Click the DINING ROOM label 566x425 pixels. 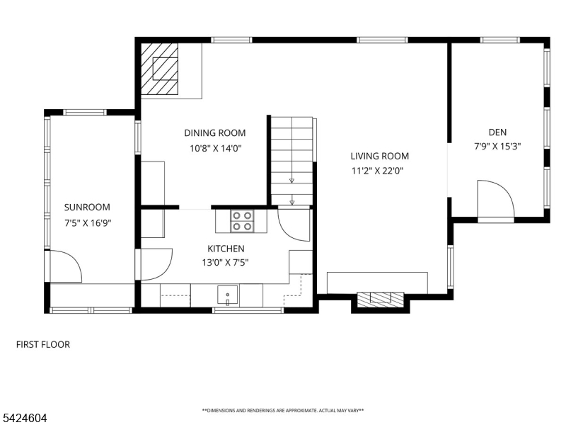click(x=215, y=133)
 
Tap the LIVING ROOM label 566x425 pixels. click(x=380, y=156)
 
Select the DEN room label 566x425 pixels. click(x=497, y=132)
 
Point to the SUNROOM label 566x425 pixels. click(x=87, y=208)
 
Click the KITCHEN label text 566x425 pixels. click(x=226, y=249)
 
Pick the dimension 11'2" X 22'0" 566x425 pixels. click(x=377, y=171)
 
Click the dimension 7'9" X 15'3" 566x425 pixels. click(x=497, y=147)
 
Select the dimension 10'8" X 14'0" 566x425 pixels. click(x=216, y=148)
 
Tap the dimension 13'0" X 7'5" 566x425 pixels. click(x=225, y=262)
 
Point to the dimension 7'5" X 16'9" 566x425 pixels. click(x=88, y=223)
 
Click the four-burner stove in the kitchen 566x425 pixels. click(x=242, y=221)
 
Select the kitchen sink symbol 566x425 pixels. click(x=227, y=295)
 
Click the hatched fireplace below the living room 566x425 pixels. click(x=380, y=299)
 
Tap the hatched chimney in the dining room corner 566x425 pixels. click(x=159, y=69)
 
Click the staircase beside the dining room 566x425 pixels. click(x=291, y=161)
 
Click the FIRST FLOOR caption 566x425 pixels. click(x=43, y=344)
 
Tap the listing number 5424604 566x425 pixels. click(x=23, y=418)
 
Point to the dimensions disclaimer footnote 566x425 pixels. click(x=283, y=411)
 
